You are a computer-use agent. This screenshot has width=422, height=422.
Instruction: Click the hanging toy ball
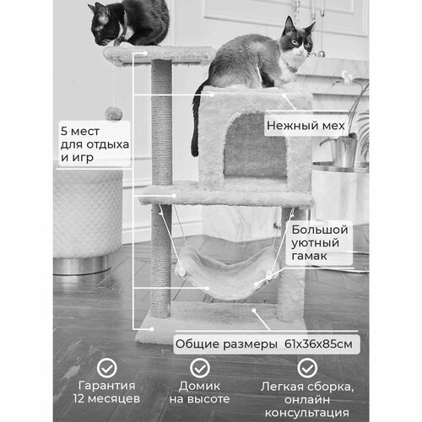(x=114, y=114)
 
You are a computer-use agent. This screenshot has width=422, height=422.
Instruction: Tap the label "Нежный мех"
(x=306, y=126)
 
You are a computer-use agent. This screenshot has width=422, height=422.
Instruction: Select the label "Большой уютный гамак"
(x=320, y=243)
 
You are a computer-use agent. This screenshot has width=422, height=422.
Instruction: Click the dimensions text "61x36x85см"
(x=318, y=344)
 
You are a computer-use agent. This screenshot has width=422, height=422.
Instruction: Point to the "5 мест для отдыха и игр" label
(x=95, y=144)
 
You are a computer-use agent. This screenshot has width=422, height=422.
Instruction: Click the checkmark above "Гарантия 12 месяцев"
(x=107, y=367)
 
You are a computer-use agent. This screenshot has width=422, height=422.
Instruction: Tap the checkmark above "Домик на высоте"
(x=200, y=367)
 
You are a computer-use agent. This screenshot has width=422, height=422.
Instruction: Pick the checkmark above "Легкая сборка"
(x=307, y=367)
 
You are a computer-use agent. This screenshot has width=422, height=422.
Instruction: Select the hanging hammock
(x=226, y=272)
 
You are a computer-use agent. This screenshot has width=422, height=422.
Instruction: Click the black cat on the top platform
(x=129, y=23)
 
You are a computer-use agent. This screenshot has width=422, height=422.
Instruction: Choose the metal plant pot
(x=344, y=151)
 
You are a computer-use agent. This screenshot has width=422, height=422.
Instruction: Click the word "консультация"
(x=307, y=414)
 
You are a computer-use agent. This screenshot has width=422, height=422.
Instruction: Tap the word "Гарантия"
(x=107, y=386)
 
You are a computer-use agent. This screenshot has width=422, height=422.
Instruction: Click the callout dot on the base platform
(x=152, y=329)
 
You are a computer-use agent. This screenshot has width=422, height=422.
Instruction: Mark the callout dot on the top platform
(x=145, y=52)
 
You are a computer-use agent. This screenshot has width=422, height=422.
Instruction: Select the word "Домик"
(x=199, y=386)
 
